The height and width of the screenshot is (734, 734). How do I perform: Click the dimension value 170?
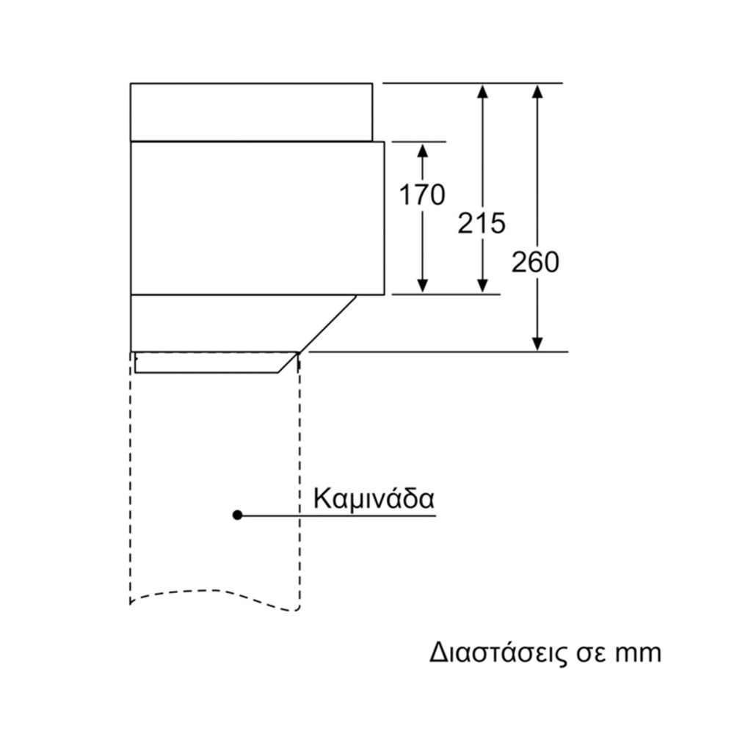tap(422, 195)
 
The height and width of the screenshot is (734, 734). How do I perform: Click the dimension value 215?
tap(482, 223)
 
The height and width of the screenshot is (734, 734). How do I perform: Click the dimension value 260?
tap(536, 262)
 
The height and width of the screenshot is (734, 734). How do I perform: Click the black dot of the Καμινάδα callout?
tap(237, 515)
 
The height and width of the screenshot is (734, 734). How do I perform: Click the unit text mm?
tap(636, 653)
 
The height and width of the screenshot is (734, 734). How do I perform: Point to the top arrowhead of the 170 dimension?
tap(422, 150)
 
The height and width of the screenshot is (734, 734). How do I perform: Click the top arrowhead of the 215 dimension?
tap(482, 92)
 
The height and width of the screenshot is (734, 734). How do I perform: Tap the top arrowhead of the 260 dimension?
tap(537, 92)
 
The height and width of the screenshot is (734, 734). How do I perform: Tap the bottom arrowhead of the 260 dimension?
tap(537, 343)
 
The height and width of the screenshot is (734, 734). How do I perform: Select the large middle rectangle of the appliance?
tap(257, 218)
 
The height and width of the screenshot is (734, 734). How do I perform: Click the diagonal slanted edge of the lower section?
tap(327, 324)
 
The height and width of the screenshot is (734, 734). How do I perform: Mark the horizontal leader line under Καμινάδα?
tap(338, 515)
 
